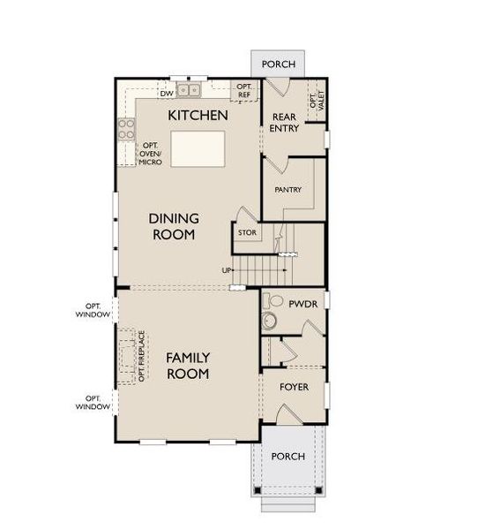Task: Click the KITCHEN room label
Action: click(x=198, y=116)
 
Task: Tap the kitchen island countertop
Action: click(x=198, y=149)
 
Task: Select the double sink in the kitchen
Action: click(x=189, y=90)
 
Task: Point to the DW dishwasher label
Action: click(x=166, y=93)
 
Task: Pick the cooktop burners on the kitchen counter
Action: click(x=126, y=130)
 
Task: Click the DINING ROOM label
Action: click(x=173, y=226)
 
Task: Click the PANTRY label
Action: click(x=288, y=189)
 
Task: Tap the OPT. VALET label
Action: click(x=314, y=100)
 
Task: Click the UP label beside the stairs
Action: click(x=227, y=270)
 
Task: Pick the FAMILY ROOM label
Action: click(x=188, y=366)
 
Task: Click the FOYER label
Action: click(x=294, y=387)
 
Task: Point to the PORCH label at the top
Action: click(x=280, y=64)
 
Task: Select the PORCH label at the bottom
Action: click(x=288, y=457)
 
